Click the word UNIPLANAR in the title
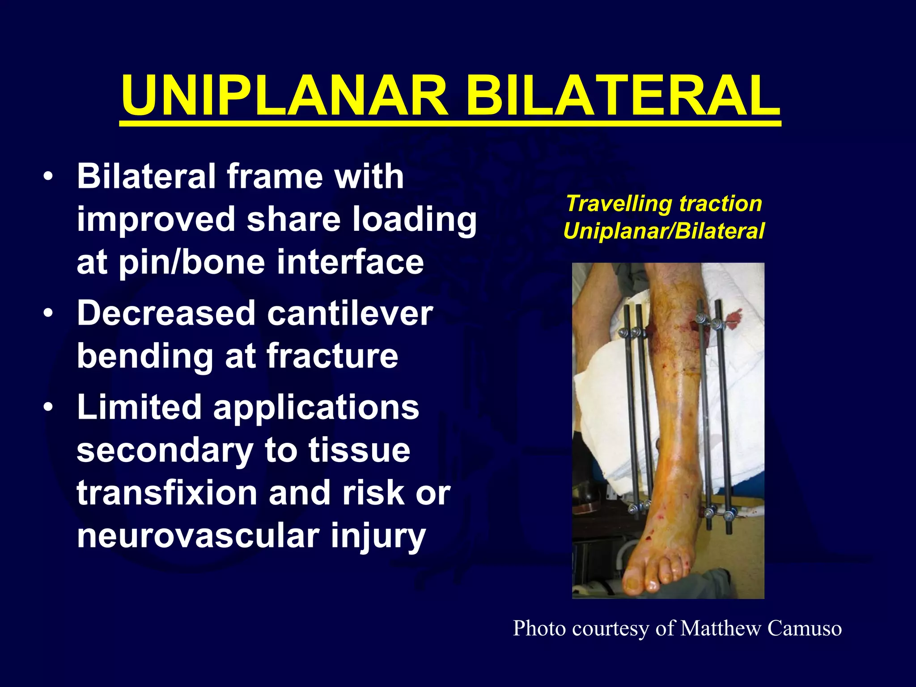point(284,96)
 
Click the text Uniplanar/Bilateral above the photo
point(664,231)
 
